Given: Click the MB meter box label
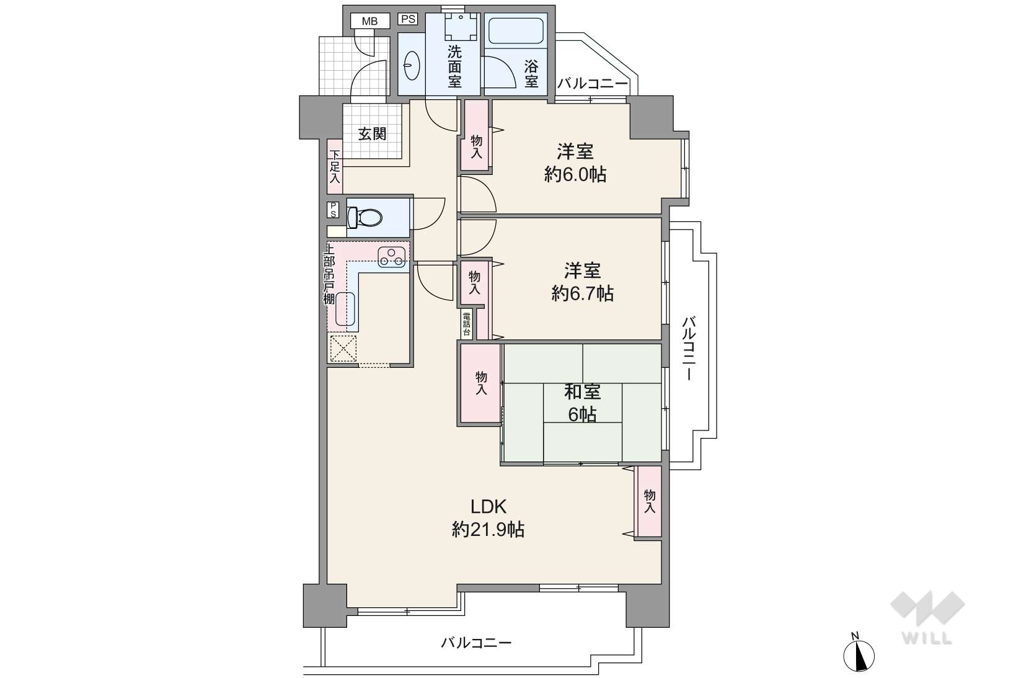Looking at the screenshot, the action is tap(369, 21).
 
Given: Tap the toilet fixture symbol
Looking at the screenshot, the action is tap(364, 217).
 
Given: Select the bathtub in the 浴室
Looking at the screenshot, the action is tap(516, 31).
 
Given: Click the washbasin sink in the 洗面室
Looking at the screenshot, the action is tap(412, 65).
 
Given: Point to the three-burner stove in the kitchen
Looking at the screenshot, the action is tap(391, 257).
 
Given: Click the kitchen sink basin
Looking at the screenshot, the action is tap(345, 308).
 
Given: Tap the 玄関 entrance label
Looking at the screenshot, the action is tap(373, 134).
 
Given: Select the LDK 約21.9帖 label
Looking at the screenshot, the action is tap(488, 518).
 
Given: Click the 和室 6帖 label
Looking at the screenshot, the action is tap(582, 403).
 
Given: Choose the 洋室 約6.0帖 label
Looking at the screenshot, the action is tap(575, 163).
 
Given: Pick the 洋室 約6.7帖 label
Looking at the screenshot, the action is tap(582, 282).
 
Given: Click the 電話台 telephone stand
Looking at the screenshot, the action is tap(466, 324).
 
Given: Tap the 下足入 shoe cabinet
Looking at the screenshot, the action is tap(335, 166).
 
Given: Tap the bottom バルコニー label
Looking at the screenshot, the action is tap(476, 643).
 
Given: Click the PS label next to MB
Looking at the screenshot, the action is tap(409, 19).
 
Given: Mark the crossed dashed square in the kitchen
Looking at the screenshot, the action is tap(343, 349).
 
